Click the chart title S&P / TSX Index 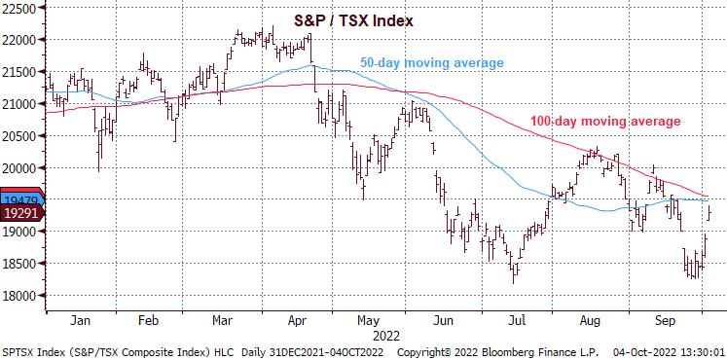point(354,19)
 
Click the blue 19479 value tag point(19,198)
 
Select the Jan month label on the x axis point(81,320)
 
